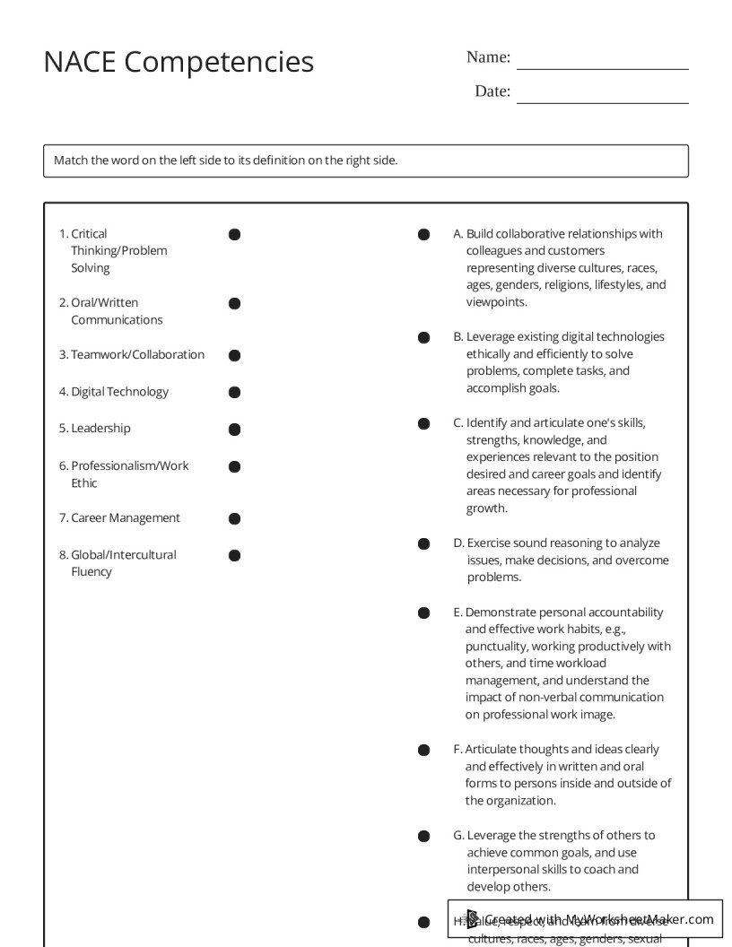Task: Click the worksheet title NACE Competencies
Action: (x=179, y=62)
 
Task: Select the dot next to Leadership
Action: (x=234, y=430)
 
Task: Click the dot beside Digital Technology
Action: (x=234, y=392)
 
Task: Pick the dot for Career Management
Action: (x=234, y=518)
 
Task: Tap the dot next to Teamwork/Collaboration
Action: (x=234, y=355)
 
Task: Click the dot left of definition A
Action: (x=423, y=235)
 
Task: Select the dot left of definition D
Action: (x=423, y=543)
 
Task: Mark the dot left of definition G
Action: (x=423, y=836)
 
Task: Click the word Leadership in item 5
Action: (x=100, y=429)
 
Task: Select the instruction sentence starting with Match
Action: (x=225, y=161)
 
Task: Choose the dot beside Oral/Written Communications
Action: (x=234, y=304)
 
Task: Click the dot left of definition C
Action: (x=423, y=423)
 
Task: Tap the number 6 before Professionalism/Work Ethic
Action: (x=64, y=466)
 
